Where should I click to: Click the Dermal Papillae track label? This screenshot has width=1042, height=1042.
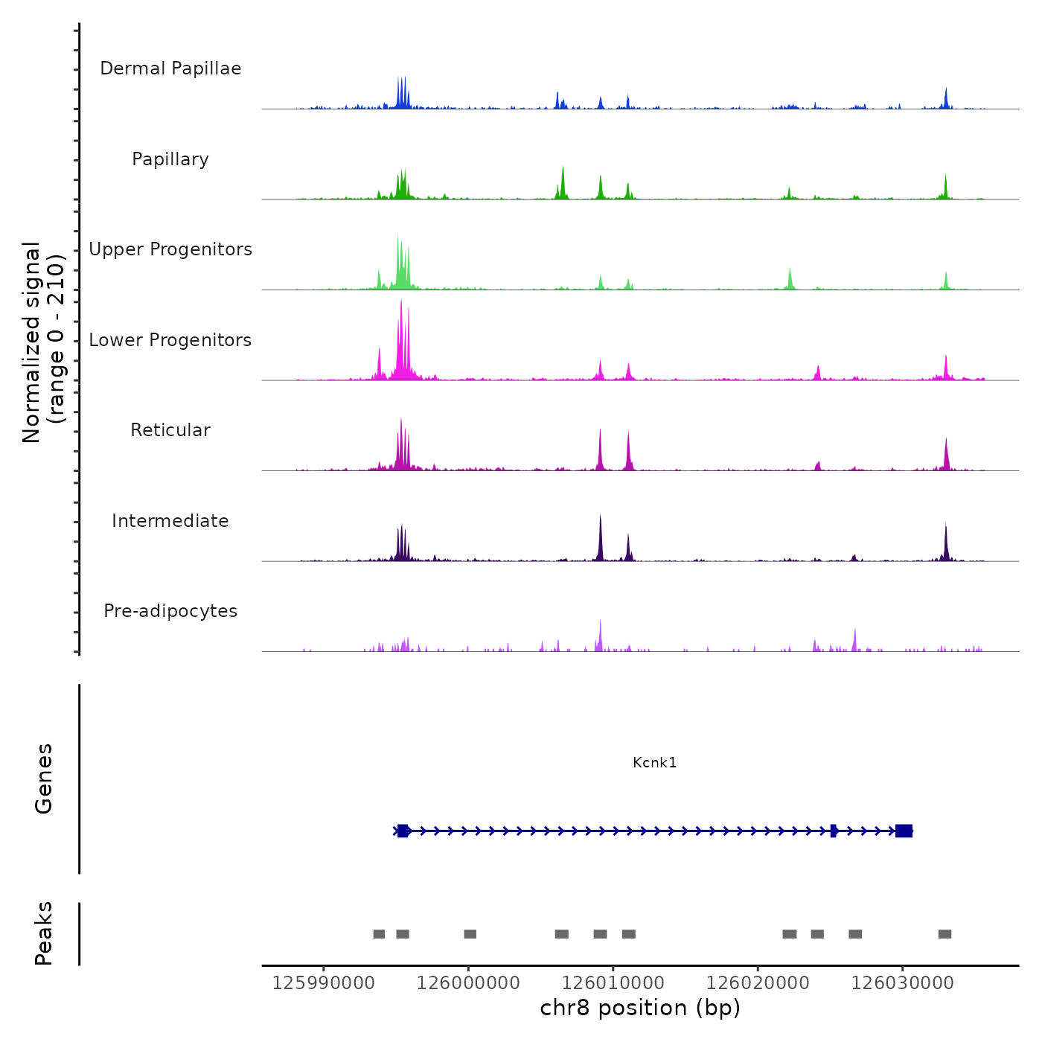(x=170, y=68)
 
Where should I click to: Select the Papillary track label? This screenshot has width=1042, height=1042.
(x=170, y=159)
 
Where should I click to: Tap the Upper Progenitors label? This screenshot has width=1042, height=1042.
(x=170, y=249)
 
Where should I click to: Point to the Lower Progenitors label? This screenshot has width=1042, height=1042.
(x=170, y=340)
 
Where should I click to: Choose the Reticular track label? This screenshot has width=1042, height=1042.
(x=170, y=430)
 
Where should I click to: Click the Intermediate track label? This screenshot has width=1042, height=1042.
(x=170, y=521)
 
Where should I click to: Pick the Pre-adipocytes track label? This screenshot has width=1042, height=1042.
(x=170, y=611)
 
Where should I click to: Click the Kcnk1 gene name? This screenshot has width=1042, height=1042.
(x=654, y=762)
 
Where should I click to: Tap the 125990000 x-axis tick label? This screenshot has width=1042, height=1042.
(x=323, y=983)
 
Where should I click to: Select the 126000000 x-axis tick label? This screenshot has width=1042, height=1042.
(x=468, y=983)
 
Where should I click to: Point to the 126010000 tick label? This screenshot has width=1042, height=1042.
(x=613, y=983)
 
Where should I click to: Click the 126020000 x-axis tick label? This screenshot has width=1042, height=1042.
(x=758, y=983)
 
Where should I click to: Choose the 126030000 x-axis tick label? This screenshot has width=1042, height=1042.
(x=903, y=983)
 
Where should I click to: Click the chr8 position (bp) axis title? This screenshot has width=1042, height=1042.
(x=640, y=1008)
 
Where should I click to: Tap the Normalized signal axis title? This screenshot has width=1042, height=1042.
(x=43, y=342)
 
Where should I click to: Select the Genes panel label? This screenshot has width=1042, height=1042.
(x=43, y=779)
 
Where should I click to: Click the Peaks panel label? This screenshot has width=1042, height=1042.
(x=43, y=933)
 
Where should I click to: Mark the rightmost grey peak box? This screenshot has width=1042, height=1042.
(x=944, y=934)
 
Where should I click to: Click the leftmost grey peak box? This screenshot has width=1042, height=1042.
(x=379, y=934)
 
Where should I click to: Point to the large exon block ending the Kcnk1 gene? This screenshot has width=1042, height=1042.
(x=904, y=831)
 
